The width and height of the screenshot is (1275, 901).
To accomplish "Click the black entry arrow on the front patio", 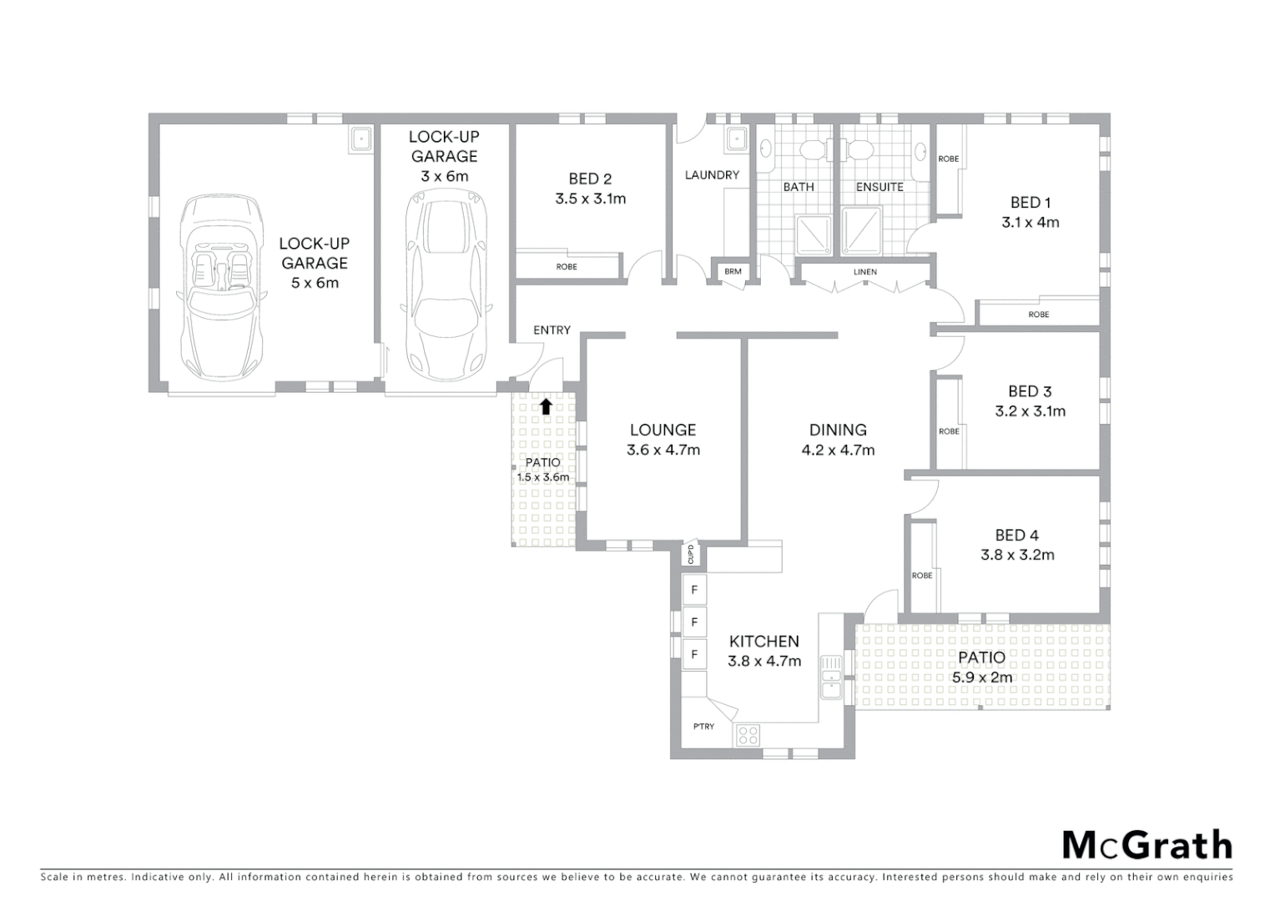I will (546, 406).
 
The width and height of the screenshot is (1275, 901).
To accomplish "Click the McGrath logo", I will (1146, 845).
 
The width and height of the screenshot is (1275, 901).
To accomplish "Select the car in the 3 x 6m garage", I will (444, 282).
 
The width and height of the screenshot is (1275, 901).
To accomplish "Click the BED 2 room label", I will (590, 179).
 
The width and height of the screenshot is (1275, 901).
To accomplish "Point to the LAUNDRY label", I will (712, 175).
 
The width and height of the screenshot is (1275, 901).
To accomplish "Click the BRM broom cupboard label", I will (733, 271).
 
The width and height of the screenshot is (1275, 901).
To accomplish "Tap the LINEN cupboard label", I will (864, 272).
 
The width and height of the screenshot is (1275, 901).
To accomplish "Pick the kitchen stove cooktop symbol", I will (748, 735).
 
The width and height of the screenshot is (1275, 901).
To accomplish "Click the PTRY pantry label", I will (703, 727).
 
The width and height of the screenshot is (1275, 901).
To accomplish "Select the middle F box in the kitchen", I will (694, 622).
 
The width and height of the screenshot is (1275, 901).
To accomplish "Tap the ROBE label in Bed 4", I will (922, 576).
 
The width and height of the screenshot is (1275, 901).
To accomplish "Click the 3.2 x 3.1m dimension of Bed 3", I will (1030, 411).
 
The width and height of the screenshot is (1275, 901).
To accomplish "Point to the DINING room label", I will (838, 430).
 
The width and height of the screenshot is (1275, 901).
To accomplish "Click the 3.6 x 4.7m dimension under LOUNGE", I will (663, 450).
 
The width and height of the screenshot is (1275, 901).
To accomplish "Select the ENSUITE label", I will (879, 187).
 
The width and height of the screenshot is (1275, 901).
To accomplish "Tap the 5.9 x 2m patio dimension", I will (982, 677).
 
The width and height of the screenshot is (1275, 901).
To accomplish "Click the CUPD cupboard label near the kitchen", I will (691, 554).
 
